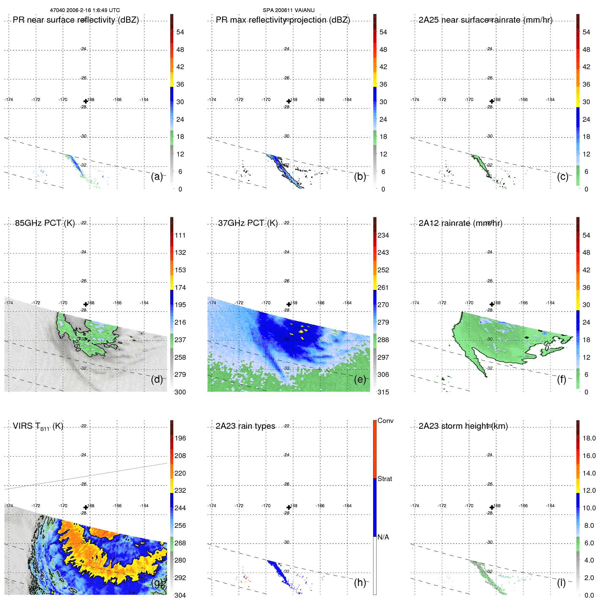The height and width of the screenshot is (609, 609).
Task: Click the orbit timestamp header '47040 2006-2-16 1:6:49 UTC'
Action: [85, 10]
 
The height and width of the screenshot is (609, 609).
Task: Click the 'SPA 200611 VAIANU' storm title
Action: [289, 10]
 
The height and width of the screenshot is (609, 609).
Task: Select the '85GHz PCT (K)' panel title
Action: [45, 223]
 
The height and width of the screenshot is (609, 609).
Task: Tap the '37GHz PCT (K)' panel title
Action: [248, 223]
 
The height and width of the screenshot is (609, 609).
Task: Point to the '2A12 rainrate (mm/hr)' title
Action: [460, 223]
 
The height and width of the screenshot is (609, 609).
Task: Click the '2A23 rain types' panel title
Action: [246, 426]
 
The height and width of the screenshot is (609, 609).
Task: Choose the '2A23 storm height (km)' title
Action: [463, 426]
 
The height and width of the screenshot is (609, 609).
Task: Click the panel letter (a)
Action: [157, 176]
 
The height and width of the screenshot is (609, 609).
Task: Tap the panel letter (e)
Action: [360, 379]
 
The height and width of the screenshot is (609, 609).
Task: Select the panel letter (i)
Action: [561, 583]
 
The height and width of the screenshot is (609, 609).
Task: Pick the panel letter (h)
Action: [360, 583]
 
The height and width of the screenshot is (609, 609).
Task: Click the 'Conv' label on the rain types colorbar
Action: [385, 421]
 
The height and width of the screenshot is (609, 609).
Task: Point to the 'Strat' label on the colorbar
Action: [385, 479]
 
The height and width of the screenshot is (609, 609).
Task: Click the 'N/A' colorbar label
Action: [383, 537]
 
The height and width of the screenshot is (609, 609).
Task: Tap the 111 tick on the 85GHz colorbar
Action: [180, 235]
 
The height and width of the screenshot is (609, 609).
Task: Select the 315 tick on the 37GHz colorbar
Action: [383, 392]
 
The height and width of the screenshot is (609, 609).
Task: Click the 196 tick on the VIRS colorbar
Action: [180, 438]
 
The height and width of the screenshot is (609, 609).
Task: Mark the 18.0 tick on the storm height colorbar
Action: [589, 438]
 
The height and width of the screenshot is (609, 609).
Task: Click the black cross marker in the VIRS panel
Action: [86, 508]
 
